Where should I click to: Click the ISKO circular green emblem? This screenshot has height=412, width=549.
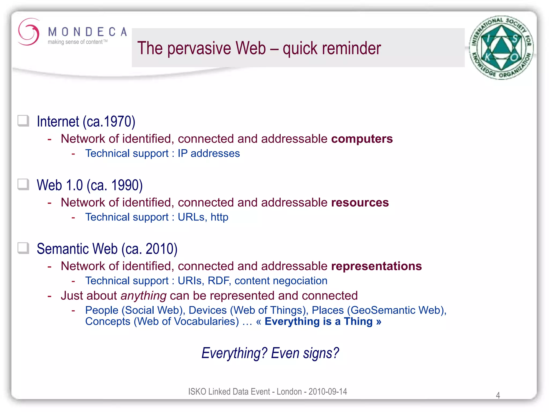[x=501, y=48]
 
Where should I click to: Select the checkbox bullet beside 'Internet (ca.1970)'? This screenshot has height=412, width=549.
[x=23, y=121]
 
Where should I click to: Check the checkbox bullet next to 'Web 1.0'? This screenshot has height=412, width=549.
[x=23, y=185]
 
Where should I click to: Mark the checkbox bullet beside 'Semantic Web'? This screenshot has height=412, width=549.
[x=23, y=248]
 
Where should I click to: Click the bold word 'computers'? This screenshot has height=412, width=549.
[x=362, y=139]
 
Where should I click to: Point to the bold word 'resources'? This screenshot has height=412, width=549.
[x=360, y=203]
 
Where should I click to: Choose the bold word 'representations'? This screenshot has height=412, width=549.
[x=376, y=266]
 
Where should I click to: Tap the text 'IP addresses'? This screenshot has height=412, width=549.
[x=209, y=153]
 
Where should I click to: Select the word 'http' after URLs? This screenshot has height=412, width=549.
[x=219, y=217]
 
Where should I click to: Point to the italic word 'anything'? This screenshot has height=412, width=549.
[x=143, y=296]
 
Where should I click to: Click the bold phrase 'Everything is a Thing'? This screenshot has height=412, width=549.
[x=318, y=321]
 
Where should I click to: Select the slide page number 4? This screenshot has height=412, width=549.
[x=498, y=395]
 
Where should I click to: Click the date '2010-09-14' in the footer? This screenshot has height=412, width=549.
[x=328, y=392]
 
